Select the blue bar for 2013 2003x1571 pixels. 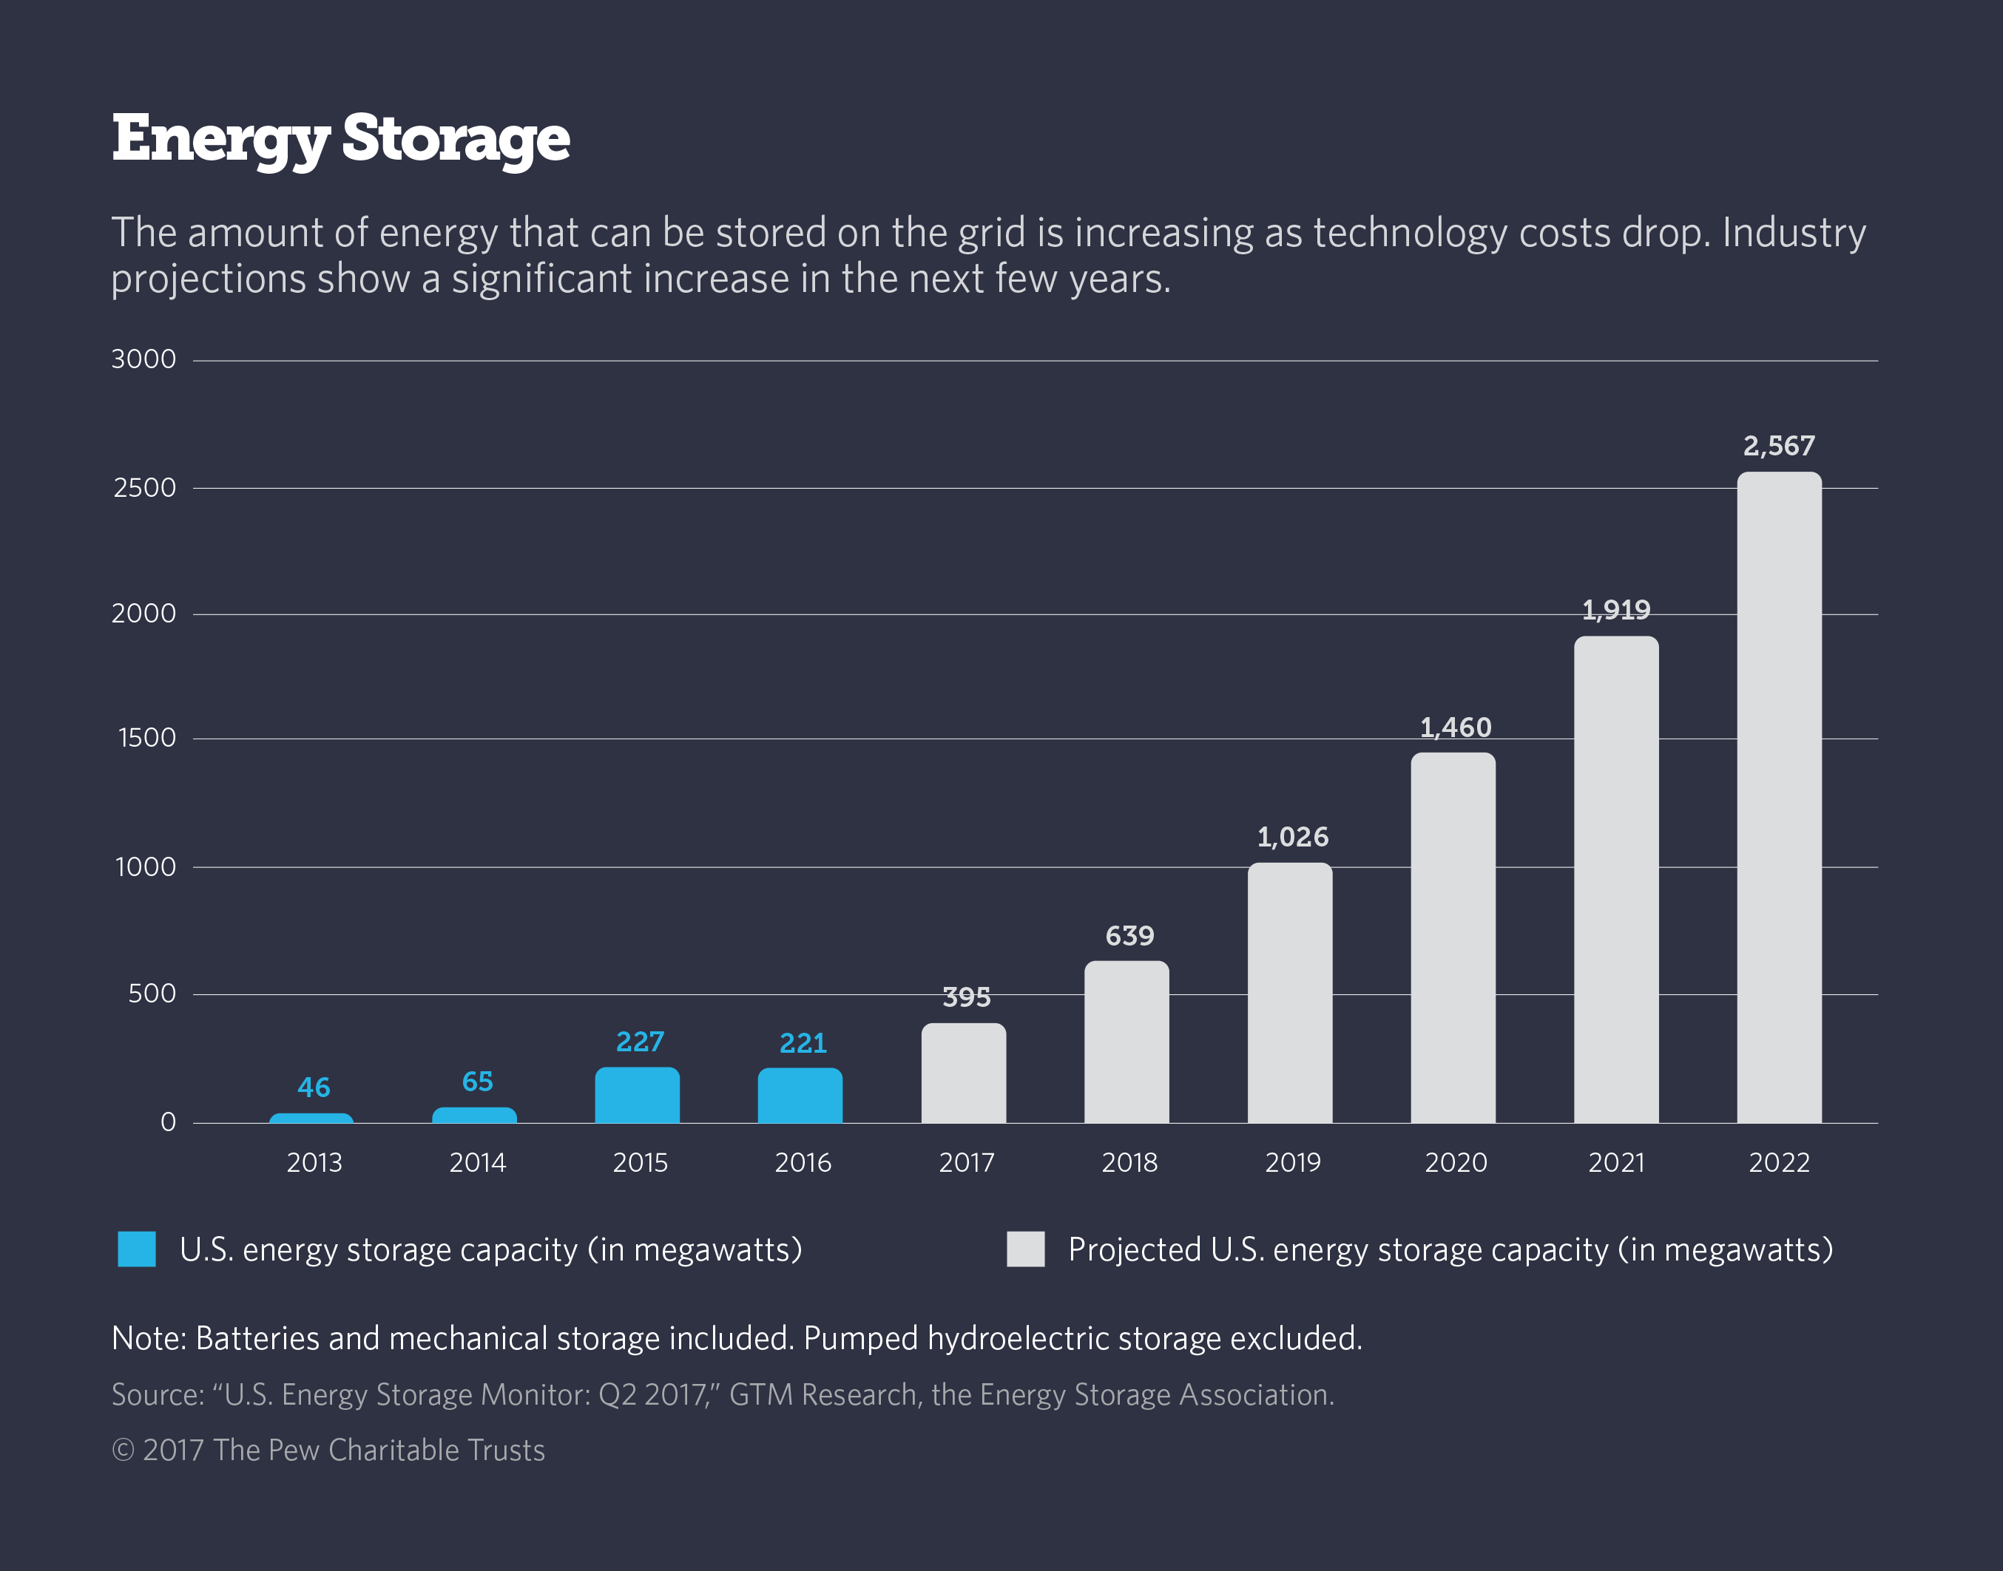pos(311,1118)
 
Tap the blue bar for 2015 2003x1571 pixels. pos(637,1095)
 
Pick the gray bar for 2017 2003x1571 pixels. pos(963,1073)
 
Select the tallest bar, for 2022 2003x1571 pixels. pos(1778,798)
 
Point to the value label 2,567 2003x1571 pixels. pos(1778,446)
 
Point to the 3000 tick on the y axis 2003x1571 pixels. pos(143,359)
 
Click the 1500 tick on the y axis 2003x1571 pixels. pos(147,738)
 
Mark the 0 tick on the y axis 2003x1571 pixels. pos(169,1122)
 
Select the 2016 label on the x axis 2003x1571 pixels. pos(803,1163)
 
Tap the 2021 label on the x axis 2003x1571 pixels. pos(1615,1163)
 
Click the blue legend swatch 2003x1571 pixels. pos(136,1249)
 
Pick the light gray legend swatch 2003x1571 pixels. pos(1025,1249)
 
